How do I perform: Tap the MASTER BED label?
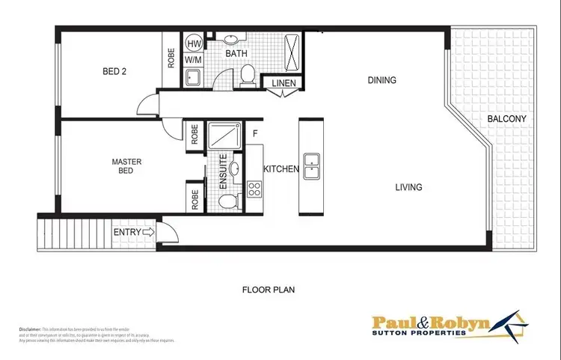[x=126, y=167]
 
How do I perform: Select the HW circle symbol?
[x=192, y=43]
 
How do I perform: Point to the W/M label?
[x=192, y=58]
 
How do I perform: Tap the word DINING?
[x=381, y=80]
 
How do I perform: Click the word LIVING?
[x=408, y=187]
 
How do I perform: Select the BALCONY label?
[x=507, y=119]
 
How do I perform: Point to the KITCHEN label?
[x=281, y=170]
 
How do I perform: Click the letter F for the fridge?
[x=256, y=134]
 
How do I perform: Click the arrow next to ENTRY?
[x=147, y=233]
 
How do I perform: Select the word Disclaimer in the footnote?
[x=29, y=329]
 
